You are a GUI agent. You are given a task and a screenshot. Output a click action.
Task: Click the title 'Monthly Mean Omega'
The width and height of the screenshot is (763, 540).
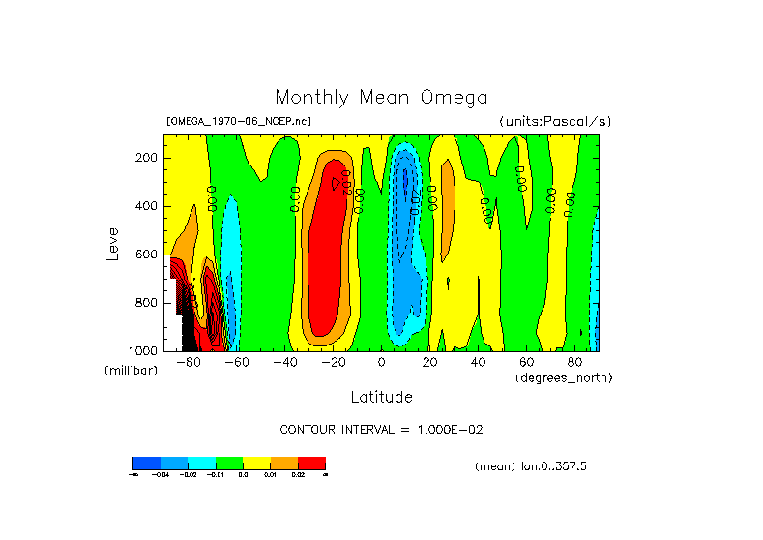(381, 98)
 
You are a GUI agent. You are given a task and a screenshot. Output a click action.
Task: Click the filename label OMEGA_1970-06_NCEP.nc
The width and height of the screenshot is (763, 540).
(239, 122)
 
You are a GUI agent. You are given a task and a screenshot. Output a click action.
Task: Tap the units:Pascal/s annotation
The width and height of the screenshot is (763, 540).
(555, 122)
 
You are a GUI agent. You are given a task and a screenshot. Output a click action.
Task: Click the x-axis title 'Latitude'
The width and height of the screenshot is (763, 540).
(381, 397)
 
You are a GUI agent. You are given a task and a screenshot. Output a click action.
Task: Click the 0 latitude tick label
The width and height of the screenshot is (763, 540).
(382, 363)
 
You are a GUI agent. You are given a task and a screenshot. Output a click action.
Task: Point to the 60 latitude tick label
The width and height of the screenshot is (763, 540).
(527, 363)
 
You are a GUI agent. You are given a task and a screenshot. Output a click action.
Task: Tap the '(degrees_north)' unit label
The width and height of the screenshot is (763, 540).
(564, 376)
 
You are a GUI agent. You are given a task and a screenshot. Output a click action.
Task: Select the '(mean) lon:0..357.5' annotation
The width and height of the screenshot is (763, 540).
(531, 466)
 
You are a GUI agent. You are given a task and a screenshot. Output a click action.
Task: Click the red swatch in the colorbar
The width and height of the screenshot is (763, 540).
(311, 463)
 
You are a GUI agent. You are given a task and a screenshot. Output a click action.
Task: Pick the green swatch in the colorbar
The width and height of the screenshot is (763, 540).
(229, 463)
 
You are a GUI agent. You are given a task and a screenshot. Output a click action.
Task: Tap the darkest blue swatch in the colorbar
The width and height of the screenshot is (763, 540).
(146, 463)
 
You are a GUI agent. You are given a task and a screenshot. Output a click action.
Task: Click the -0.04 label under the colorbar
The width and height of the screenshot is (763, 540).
(161, 475)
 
